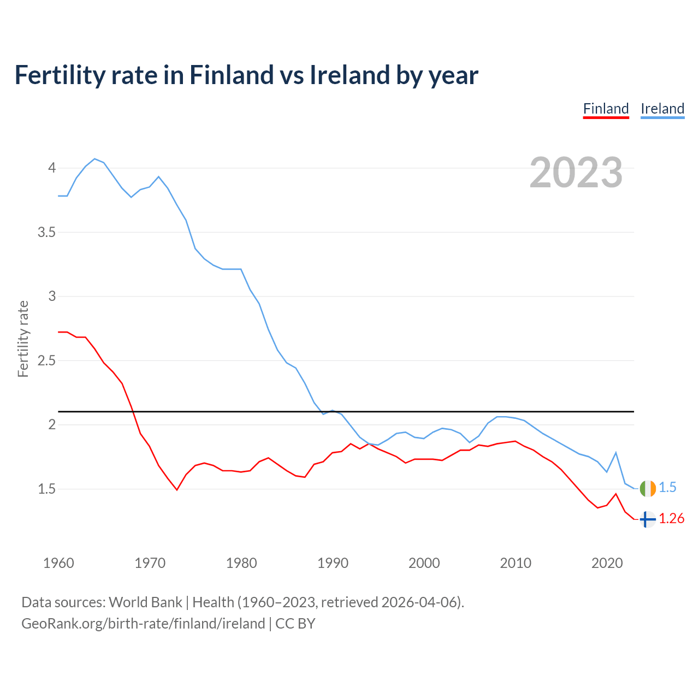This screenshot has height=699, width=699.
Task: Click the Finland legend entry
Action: (x=606, y=109)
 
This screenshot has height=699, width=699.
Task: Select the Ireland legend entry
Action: (x=662, y=109)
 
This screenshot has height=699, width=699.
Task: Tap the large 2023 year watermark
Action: (x=576, y=173)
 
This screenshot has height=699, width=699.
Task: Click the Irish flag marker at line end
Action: (x=647, y=488)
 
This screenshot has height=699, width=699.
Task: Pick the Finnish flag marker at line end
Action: (x=647, y=519)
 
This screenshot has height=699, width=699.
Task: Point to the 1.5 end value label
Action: (x=667, y=488)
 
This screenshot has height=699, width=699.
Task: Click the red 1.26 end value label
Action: (x=671, y=519)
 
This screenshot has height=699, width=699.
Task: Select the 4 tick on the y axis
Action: (x=52, y=168)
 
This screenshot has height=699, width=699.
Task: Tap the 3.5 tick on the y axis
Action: (x=46, y=232)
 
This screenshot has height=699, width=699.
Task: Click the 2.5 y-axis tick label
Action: (x=46, y=360)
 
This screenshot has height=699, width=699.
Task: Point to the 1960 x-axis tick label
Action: (x=58, y=563)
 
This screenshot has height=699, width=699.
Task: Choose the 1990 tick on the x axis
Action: (x=333, y=563)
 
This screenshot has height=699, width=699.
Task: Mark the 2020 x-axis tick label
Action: (x=607, y=563)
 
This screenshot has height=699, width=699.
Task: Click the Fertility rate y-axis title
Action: (x=23, y=339)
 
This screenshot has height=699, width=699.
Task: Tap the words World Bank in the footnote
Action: (x=145, y=602)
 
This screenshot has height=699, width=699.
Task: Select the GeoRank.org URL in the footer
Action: (x=143, y=624)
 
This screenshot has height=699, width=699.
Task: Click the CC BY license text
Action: (x=295, y=624)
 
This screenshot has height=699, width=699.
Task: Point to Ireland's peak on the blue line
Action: (x=95, y=159)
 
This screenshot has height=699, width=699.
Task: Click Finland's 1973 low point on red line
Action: (x=177, y=490)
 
